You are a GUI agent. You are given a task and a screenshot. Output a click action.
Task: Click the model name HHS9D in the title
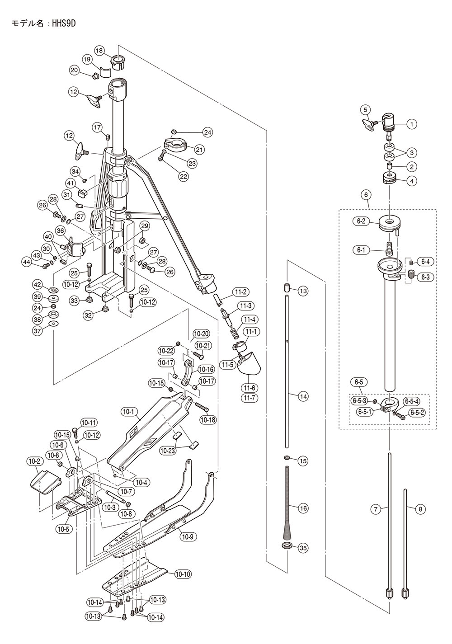(64, 24)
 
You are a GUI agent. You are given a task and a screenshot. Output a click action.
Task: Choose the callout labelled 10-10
(183, 574)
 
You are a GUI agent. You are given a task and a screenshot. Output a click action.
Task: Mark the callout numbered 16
(303, 508)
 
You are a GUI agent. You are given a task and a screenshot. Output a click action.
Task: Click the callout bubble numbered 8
(420, 509)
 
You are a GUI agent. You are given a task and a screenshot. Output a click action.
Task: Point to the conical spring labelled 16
(287, 502)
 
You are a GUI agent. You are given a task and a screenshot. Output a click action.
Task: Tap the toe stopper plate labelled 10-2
(45, 482)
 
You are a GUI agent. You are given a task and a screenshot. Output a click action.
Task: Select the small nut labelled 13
(287, 288)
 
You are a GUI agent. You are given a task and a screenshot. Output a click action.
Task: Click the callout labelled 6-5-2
(418, 413)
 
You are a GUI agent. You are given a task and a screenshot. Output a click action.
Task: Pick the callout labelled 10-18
(208, 420)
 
